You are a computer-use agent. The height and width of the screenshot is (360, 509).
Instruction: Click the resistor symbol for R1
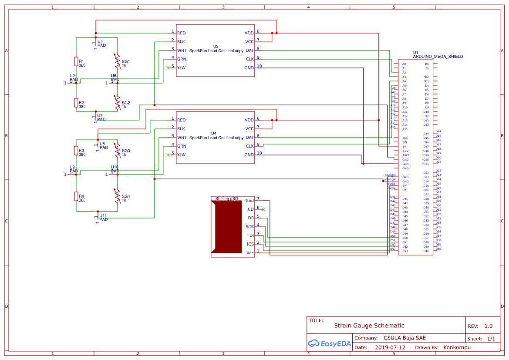pos(76,61)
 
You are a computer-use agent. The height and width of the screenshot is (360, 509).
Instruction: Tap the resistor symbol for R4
pos(76,196)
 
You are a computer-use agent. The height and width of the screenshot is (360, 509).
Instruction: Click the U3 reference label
pos(216,46)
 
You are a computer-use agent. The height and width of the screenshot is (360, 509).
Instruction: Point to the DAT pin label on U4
pos(249,138)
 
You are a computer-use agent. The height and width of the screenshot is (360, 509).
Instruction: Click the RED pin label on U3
pos(181,33)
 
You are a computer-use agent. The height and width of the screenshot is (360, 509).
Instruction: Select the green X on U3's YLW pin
pos(168,68)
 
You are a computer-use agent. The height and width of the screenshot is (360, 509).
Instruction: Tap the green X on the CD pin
pos(263,209)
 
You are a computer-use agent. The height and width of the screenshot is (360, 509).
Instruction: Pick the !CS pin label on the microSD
pos(250,244)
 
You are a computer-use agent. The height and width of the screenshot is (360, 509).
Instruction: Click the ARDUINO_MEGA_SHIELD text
pos(438,57)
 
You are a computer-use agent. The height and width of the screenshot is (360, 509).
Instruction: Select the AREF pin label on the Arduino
pos(405,155)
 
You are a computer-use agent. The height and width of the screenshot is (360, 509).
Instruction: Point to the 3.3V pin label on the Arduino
pos(405,151)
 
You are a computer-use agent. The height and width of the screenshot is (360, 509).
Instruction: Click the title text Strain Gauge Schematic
pos(369,326)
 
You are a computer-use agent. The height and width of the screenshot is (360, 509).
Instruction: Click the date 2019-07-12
pos(390,347)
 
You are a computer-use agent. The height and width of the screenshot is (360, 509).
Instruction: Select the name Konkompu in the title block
pos(457,347)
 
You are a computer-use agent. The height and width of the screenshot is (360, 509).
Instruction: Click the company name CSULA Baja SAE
pos(405,338)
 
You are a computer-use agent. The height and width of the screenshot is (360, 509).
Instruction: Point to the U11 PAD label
pos(103,218)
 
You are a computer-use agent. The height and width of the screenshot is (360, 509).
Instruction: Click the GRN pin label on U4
pos(182,146)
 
